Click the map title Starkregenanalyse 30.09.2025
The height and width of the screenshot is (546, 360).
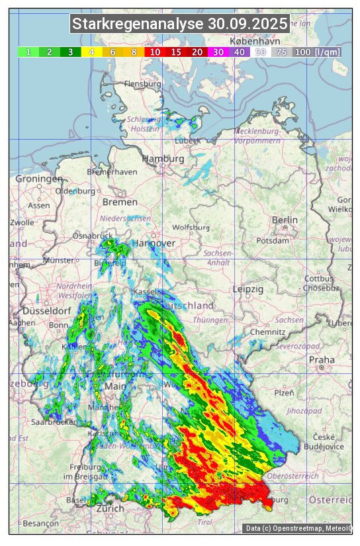click(180, 24)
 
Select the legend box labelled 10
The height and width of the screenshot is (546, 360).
click(155, 52)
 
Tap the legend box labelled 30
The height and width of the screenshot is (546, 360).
click(218, 52)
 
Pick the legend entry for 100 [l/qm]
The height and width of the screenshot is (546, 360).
click(318, 52)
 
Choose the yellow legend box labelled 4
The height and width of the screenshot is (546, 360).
click(92, 52)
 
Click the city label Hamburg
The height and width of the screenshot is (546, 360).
click(163, 159)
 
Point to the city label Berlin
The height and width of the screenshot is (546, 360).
click(285, 220)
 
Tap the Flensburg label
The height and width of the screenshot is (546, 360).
click(142, 85)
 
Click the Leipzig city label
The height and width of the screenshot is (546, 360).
click(248, 289)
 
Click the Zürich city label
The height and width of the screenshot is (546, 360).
click(110, 508)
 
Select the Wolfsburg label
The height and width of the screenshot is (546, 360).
click(191, 227)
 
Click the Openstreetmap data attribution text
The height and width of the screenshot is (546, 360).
click(297, 528)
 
